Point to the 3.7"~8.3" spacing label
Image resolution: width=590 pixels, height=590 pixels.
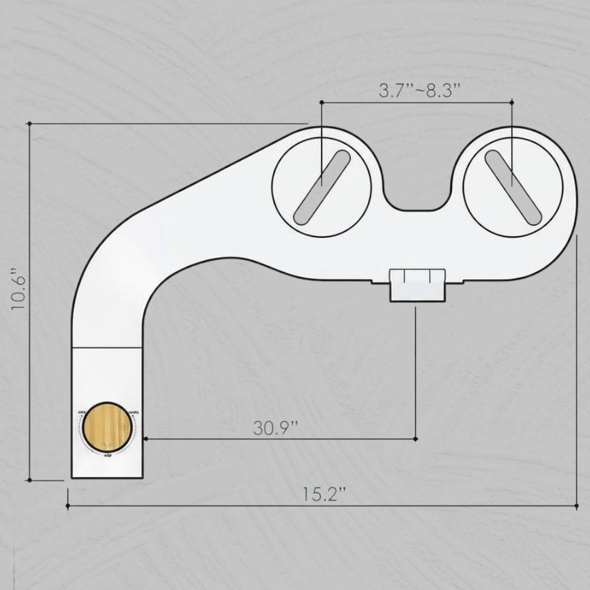coord(419,91)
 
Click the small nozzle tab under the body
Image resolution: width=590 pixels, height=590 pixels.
coord(417,284)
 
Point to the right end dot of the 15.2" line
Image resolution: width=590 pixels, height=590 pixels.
coord(576,506)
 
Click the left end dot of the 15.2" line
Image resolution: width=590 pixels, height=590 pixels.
coord(68,506)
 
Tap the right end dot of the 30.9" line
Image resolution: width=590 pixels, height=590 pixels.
coord(416,439)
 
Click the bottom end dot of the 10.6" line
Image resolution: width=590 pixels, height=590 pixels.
coord(29,480)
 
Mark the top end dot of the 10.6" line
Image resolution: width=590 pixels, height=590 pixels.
coord(29,123)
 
